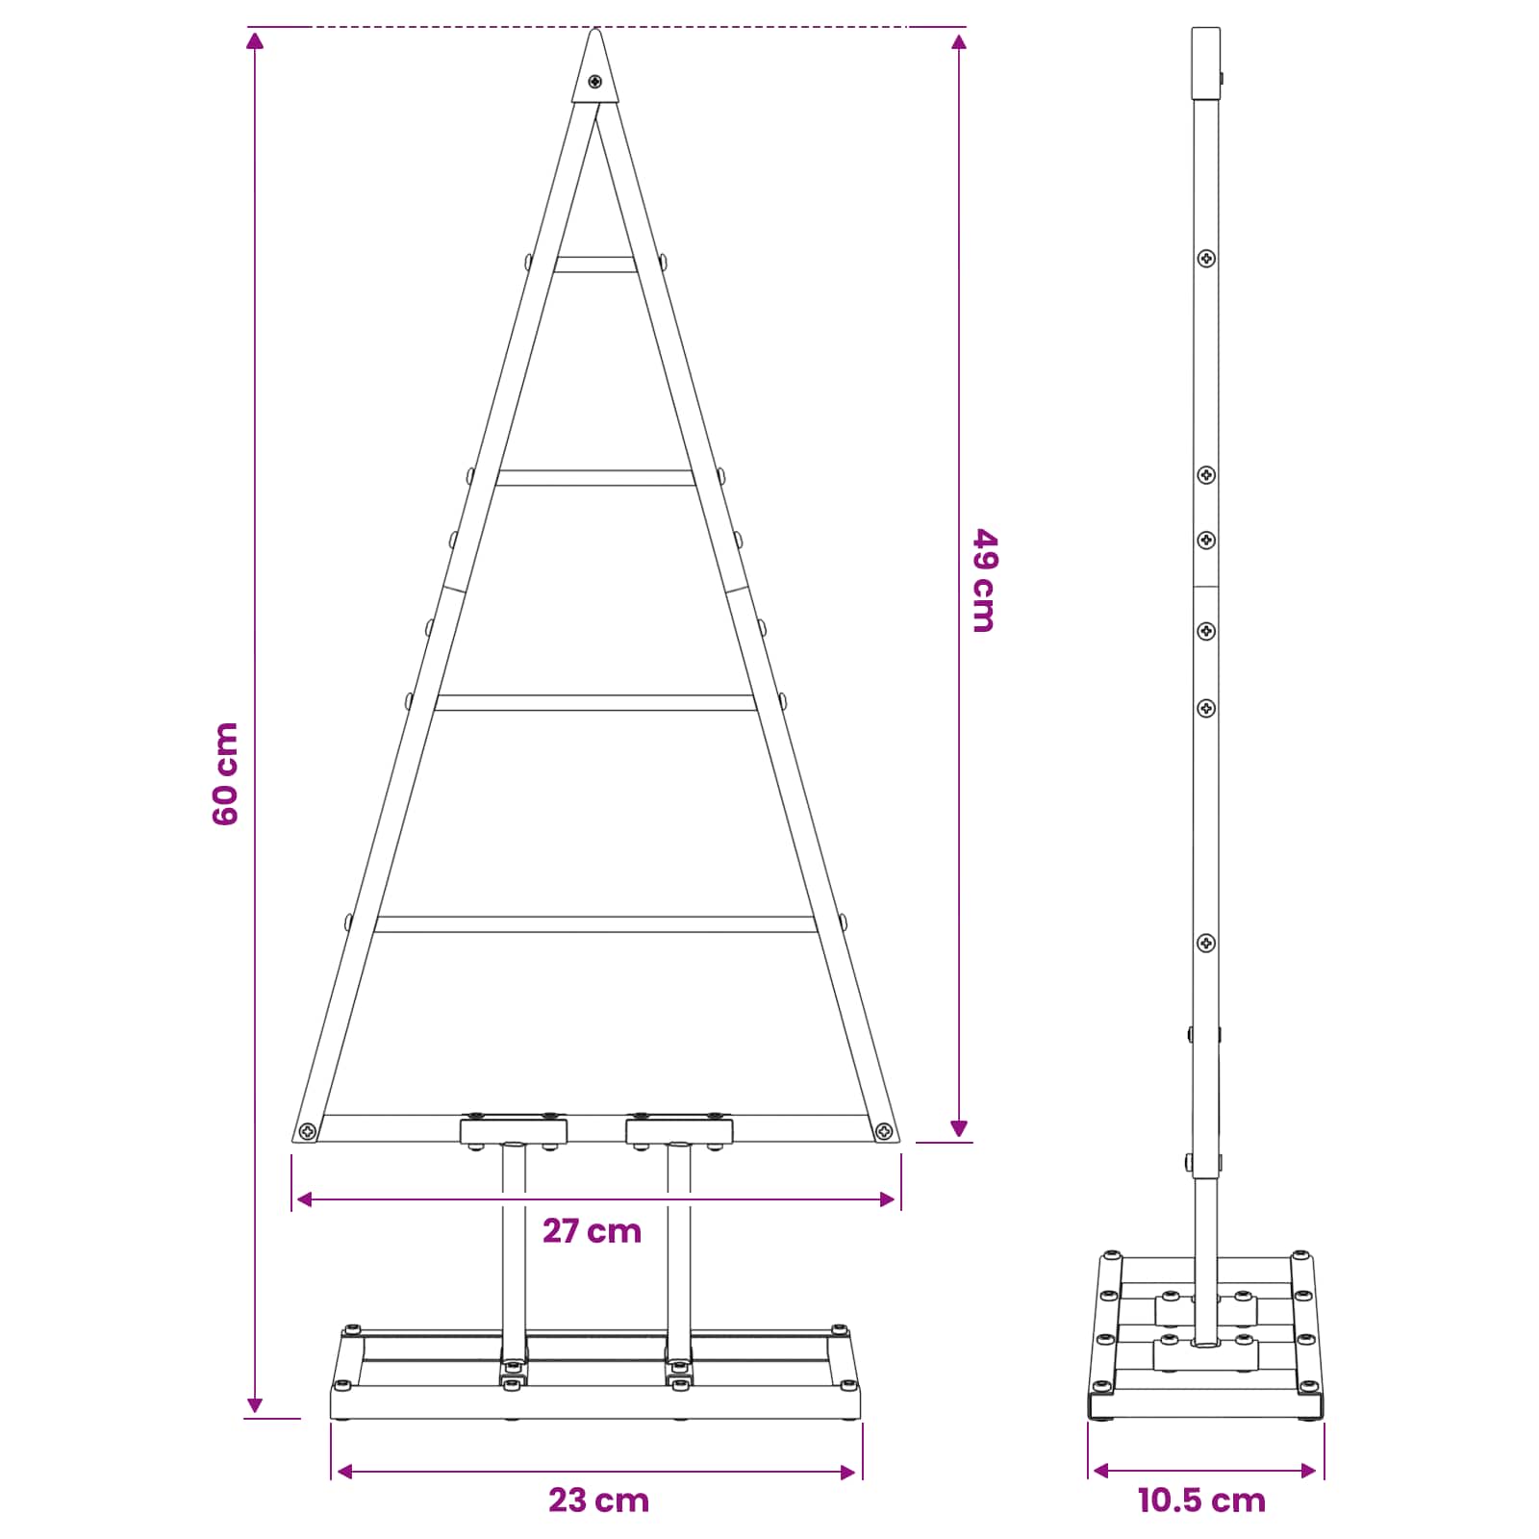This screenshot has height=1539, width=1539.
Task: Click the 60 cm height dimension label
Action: click(225, 773)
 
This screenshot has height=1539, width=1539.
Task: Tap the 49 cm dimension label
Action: click(984, 579)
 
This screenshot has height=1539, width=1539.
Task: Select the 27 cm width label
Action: click(592, 1231)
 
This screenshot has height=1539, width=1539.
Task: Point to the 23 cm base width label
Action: click(598, 1501)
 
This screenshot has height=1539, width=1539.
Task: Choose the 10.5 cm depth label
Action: click(1201, 1501)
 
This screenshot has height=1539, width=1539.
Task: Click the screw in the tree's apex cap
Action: click(595, 82)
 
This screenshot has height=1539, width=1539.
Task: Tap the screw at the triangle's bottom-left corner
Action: click(308, 1130)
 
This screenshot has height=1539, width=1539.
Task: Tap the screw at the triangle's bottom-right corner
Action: click(884, 1130)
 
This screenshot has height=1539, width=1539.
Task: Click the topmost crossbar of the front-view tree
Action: click(595, 265)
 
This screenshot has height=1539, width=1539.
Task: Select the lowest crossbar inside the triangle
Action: click(595, 924)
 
